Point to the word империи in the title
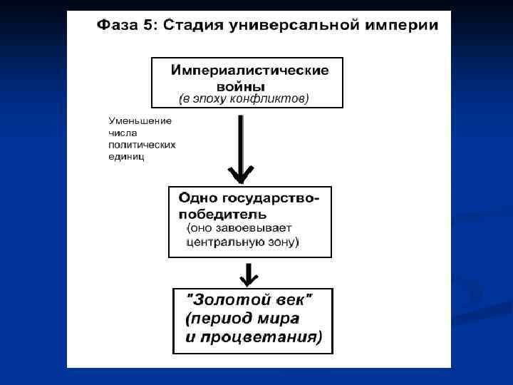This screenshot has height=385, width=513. pos(403,26)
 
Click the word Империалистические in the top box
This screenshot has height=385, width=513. pos(249,71)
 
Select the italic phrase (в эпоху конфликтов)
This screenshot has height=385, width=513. pos(243,99)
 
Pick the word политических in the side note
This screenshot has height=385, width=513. pos(142,145)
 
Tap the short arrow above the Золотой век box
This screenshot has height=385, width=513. pos(249,274)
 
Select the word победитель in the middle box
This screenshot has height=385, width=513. pos(222,213)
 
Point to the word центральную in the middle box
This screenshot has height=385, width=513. pos(222,242)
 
